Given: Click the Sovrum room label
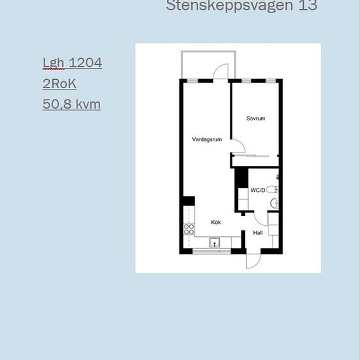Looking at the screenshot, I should [256, 118].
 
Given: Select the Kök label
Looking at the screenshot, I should [215, 222].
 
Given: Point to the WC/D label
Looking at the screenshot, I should [258, 190].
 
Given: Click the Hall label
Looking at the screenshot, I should [258, 232].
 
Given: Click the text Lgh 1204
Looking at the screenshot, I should [72, 63].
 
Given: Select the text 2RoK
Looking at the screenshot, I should [60, 84].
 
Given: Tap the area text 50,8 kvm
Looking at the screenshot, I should [72, 104].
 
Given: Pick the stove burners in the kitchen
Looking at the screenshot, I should [189, 230].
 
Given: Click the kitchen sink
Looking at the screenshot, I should [215, 243].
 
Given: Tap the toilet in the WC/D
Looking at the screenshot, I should [274, 190].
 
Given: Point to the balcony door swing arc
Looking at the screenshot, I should [222, 69].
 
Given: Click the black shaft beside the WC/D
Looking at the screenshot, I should [241, 177].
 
